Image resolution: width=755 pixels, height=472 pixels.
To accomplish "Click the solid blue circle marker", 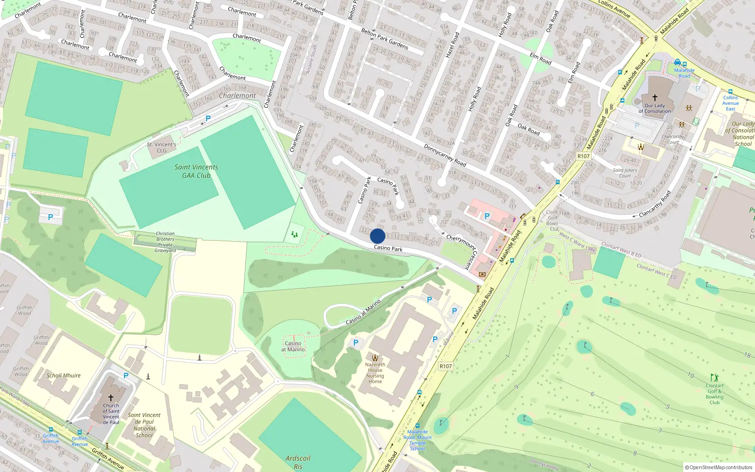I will [377, 236].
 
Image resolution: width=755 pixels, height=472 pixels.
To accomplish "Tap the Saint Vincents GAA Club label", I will [196, 171].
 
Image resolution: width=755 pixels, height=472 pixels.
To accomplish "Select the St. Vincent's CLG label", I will [161, 148].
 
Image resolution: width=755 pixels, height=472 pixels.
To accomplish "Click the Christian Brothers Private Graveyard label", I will [165, 242].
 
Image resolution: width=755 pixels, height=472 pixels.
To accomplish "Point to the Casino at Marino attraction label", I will [293, 346].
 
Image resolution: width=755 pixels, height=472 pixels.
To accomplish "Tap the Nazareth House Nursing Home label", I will [375, 373].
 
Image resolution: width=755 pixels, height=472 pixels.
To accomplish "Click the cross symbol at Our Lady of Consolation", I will [654, 98].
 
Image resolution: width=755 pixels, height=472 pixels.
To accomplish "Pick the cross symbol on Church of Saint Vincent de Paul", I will [111, 398].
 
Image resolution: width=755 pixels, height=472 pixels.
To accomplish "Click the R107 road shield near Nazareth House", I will [445, 366].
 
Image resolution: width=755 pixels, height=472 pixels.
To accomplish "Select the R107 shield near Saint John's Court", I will [584, 156].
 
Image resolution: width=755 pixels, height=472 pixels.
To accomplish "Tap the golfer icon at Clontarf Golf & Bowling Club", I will [714, 378].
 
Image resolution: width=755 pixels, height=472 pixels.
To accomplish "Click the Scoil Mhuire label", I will [64, 376].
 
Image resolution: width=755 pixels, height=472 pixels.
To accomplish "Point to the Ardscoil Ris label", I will [298, 462].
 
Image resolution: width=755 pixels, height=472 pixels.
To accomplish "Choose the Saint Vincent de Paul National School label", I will [144, 425].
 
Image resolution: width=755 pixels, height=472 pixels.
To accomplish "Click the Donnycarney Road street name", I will [445, 155].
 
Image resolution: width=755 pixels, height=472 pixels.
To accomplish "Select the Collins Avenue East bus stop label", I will [730, 103].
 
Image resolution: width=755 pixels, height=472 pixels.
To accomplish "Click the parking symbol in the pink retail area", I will [487, 216].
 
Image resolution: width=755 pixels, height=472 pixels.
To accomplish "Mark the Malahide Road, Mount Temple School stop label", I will [418, 440].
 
